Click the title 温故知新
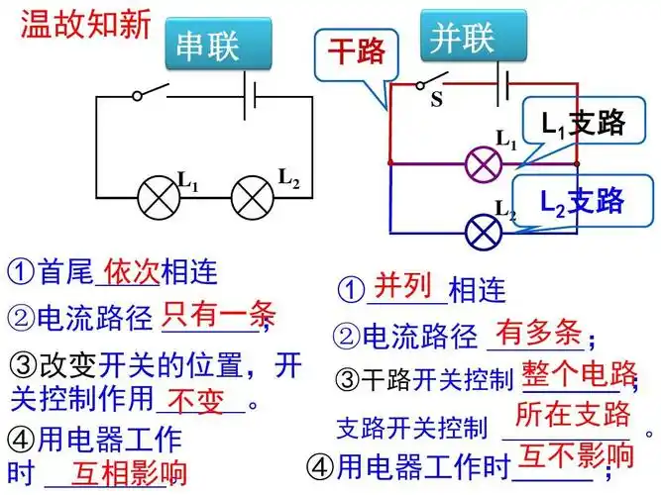point(85,23)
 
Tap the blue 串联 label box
point(207,45)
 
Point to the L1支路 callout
point(583,123)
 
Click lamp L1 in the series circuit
point(156,195)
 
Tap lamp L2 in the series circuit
point(252,195)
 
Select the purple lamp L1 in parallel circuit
point(484,162)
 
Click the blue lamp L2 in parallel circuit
point(484,234)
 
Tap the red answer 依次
point(131,269)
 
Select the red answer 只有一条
point(219,314)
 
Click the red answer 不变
point(199,401)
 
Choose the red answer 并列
point(404,285)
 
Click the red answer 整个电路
point(579,373)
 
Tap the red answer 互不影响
point(577,456)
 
